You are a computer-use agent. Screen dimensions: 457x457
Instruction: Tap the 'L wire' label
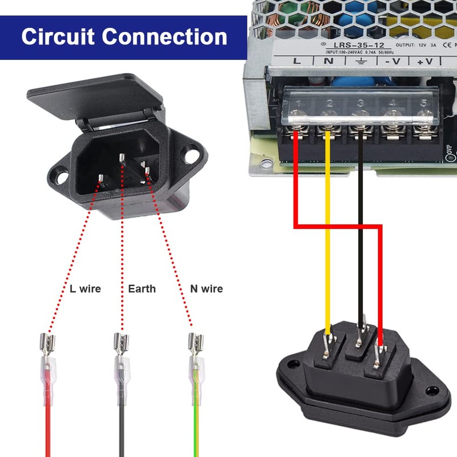coord(85,288)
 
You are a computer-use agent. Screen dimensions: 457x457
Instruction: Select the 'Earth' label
coord(142,288)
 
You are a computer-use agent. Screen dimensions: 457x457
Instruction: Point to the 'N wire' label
coord(206,288)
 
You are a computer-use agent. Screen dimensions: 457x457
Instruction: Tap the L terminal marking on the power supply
coord(296,61)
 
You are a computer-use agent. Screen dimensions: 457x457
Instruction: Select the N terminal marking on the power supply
coord(328,61)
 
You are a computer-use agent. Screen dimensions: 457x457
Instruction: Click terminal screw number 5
coord(423,118)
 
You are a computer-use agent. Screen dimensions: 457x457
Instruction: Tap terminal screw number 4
coord(392,118)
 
